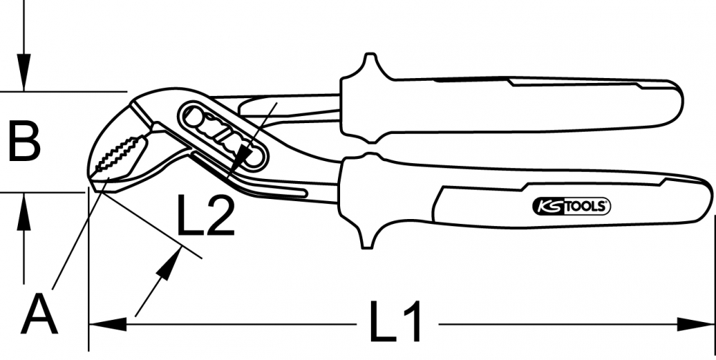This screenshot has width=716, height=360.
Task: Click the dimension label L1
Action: tap(395, 321)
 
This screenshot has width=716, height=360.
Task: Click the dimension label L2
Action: tap(205, 215)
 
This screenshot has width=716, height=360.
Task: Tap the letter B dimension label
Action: tap(24, 141)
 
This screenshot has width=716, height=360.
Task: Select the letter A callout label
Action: tap(39, 314)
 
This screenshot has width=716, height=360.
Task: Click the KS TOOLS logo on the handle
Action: tap(571, 207)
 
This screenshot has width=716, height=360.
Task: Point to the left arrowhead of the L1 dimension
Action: tap(107, 324)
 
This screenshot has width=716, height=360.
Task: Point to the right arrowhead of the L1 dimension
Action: tap(695, 324)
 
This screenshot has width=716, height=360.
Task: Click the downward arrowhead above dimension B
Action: tap(24, 72)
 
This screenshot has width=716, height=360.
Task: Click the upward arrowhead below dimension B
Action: tap(24, 211)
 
